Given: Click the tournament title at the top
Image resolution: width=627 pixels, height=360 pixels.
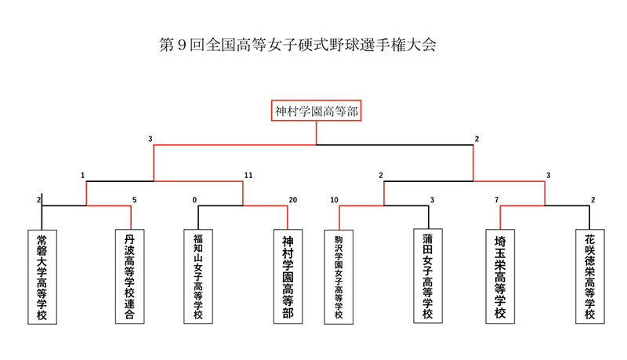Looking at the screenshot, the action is (298, 45).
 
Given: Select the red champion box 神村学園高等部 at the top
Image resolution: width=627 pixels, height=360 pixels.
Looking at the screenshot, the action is (317, 111).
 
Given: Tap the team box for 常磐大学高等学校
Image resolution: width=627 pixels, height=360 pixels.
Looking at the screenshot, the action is (42, 277).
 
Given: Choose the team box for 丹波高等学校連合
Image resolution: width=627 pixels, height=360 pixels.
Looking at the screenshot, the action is (129, 276).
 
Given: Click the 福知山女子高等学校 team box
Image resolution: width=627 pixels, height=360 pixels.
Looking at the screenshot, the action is (198, 276).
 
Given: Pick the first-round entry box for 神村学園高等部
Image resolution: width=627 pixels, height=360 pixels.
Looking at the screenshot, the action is (288, 276).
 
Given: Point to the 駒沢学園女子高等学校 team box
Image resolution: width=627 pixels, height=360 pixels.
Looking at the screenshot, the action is (339, 277).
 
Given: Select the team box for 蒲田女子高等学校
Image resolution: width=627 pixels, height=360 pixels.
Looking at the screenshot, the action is (428, 276).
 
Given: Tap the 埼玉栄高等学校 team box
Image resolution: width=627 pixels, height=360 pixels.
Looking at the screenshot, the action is (500, 276).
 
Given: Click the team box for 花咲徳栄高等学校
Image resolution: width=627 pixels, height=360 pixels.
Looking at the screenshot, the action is (590, 276).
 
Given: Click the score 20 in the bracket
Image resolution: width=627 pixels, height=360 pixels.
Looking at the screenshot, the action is (293, 200).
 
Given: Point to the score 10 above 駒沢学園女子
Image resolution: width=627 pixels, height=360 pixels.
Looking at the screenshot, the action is (335, 200).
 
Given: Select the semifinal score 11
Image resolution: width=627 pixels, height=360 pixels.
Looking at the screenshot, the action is (248, 175).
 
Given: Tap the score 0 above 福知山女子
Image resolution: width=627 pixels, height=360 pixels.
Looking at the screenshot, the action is (194, 200).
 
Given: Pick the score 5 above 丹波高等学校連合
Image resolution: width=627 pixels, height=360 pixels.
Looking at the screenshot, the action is (134, 200).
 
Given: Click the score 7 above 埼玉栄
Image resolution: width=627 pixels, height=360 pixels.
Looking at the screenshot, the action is (497, 200).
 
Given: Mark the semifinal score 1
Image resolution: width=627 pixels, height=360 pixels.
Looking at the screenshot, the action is (83, 175).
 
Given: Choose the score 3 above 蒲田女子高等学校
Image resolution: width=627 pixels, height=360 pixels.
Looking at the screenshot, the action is (433, 200).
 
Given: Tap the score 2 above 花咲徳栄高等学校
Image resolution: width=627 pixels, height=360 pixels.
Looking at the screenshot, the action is (593, 200).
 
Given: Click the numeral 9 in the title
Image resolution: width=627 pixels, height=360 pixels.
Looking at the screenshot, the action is (182, 45).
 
